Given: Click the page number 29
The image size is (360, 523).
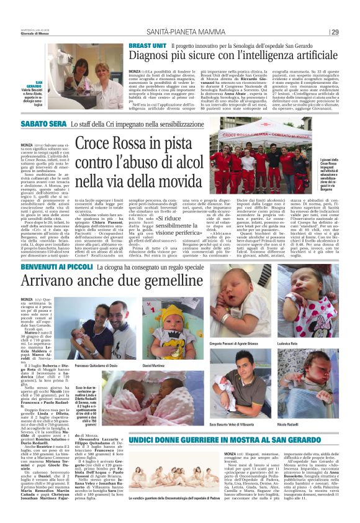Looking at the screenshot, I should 336,32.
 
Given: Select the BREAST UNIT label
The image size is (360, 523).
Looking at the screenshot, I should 147,46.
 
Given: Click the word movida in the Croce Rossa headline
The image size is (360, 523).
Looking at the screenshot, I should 178,183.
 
